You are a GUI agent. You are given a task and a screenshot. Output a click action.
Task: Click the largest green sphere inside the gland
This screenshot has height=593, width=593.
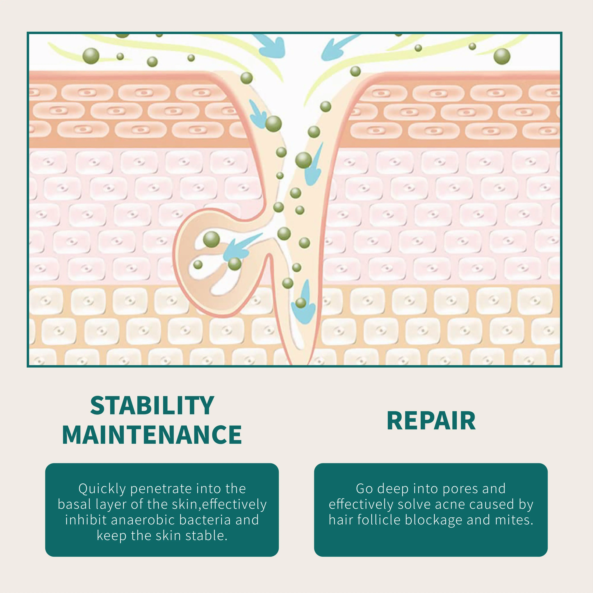coord(211,239)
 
